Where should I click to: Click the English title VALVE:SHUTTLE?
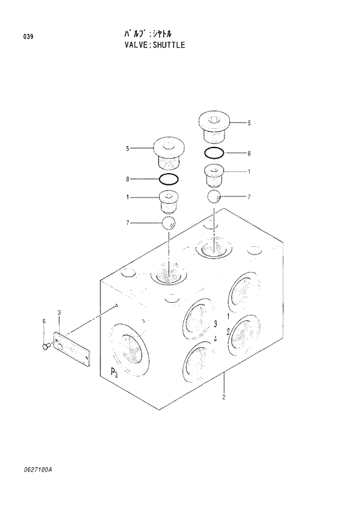tap(150, 45)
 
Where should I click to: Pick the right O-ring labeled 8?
tap(214, 153)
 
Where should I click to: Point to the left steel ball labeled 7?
tap(168, 224)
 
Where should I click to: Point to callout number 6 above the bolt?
tap(43, 321)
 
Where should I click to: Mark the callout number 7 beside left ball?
tap(128, 223)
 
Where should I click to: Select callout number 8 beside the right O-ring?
tap(249, 153)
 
